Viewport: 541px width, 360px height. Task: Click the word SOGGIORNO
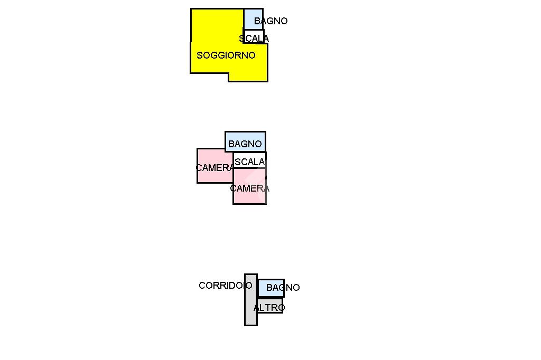coord(226,55)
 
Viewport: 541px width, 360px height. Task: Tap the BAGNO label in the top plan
coord(270,21)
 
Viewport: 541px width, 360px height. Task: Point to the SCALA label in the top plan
coord(254,39)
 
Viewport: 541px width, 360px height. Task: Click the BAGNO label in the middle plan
coord(245,144)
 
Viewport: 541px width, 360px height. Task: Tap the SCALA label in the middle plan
coord(249,162)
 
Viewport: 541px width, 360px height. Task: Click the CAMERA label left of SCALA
coord(214,168)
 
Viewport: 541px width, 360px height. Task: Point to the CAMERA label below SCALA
coord(249,188)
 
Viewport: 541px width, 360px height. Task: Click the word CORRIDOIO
coord(225,286)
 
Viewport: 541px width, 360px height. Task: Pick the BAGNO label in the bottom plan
coord(283,288)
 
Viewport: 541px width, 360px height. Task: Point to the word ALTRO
coord(269,307)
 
